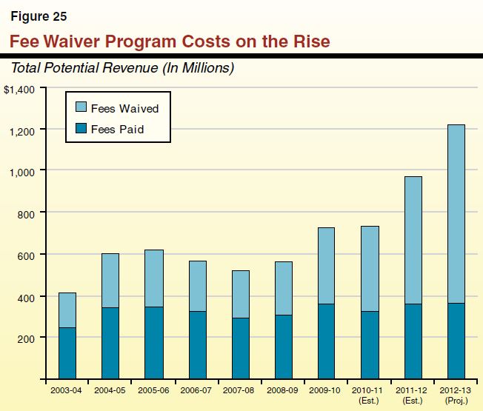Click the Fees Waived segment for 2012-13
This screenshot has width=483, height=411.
pyautogui.click(x=456, y=214)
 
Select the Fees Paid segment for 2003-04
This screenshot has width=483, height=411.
pyautogui.click(x=67, y=353)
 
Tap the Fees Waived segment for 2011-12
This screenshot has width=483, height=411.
pyautogui.click(x=413, y=240)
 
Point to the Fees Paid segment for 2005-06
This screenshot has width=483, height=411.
pyautogui.click(x=153, y=343)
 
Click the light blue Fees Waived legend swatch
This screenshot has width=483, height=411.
pyautogui.click(x=79, y=108)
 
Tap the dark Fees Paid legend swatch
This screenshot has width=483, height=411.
pyautogui.click(x=79, y=129)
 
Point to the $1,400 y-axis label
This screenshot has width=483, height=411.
pyautogui.click(x=19, y=90)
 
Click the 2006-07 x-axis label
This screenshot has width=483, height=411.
pyautogui.click(x=196, y=389)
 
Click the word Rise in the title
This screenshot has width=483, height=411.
pyautogui.click(x=310, y=41)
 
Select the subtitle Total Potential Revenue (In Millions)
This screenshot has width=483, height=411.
pyautogui.click(x=122, y=68)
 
